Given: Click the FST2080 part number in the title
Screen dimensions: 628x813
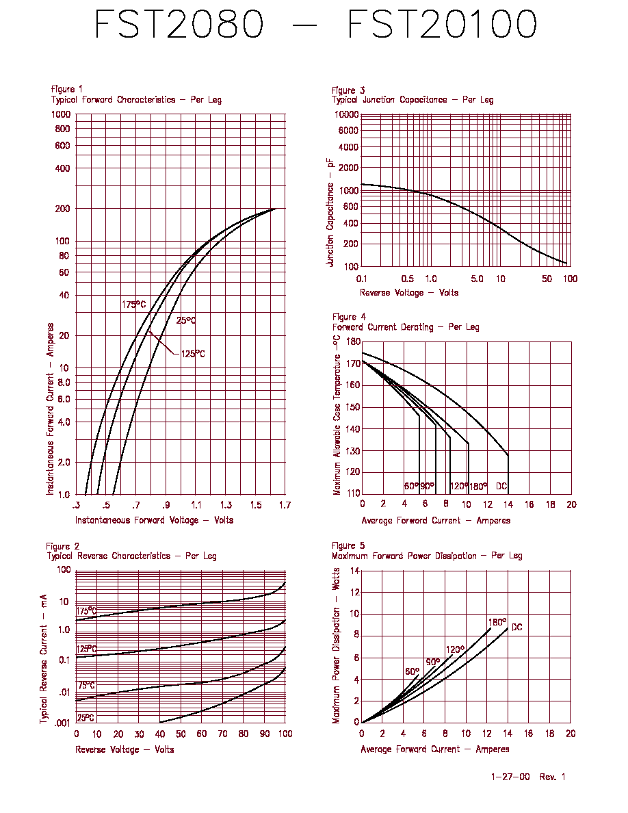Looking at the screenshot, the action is [x=179, y=25].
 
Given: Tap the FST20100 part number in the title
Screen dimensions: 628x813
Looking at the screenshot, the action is [x=442, y=25].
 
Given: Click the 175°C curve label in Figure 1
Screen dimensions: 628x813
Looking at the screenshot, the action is [x=133, y=305].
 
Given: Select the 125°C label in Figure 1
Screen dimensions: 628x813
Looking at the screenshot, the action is [x=193, y=354].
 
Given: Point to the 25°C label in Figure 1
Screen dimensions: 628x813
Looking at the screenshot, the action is [x=186, y=320].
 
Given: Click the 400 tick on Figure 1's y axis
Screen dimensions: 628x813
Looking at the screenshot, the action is [x=63, y=168].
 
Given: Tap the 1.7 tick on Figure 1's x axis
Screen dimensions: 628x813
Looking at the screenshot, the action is [x=285, y=505].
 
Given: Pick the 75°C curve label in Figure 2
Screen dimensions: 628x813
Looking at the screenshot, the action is [x=86, y=686].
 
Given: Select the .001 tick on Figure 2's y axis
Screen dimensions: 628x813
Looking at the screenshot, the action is [x=62, y=723].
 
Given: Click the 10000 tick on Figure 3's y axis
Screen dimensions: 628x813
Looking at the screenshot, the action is [x=347, y=114].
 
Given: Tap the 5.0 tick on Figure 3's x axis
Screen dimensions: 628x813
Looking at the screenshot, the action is [x=477, y=279].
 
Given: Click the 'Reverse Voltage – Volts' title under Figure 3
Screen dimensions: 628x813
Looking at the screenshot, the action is [x=409, y=292].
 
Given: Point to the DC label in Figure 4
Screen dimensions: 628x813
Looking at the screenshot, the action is [x=501, y=487].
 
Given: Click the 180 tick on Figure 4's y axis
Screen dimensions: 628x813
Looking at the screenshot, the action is [x=353, y=341].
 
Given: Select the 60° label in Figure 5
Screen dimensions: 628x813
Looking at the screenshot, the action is [x=413, y=671].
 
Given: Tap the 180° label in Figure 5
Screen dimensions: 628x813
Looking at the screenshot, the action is [x=497, y=622].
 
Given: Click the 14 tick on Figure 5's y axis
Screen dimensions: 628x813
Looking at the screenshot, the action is [x=355, y=571].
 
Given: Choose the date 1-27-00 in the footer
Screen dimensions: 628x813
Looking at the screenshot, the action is [x=510, y=777].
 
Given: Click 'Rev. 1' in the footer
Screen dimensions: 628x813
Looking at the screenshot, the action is [x=552, y=777].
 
